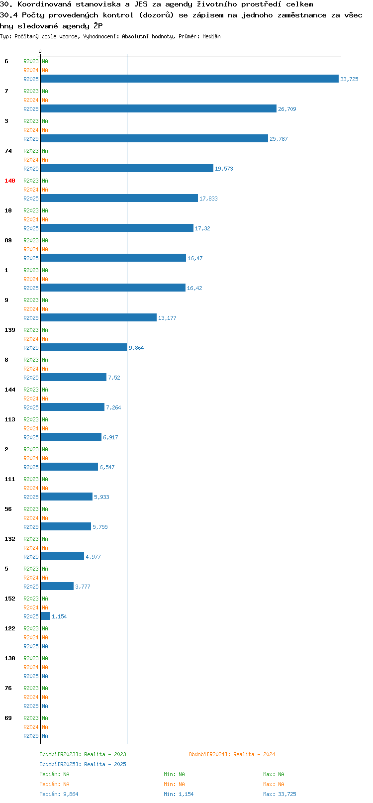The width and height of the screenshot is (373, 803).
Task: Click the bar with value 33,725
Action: tap(189, 79)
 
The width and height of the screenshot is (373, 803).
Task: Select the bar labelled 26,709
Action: tap(158, 108)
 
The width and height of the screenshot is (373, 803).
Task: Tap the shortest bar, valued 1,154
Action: tap(45, 616)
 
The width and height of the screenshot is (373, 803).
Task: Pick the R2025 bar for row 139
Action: tap(84, 347)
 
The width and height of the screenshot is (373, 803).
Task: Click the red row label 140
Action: tap(9, 181)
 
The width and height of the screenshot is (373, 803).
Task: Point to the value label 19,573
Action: tap(224, 169)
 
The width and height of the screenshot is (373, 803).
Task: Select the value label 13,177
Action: tap(167, 318)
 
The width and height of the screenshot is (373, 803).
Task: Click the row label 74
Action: tap(8, 151)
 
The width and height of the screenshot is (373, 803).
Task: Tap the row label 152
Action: tap(9, 599)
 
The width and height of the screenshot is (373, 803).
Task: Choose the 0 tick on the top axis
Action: tap(40, 51)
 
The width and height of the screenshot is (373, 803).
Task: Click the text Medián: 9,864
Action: tap(59, 794)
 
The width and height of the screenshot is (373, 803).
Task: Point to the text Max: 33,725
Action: tap(280, 794)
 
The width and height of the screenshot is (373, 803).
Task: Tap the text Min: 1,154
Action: tap(179, 794)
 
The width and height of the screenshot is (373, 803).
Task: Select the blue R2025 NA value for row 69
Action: tap(45, 736)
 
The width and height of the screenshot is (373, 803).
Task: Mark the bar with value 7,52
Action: tap(74, 377)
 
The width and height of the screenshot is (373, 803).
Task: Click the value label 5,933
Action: tap(101, 497)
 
